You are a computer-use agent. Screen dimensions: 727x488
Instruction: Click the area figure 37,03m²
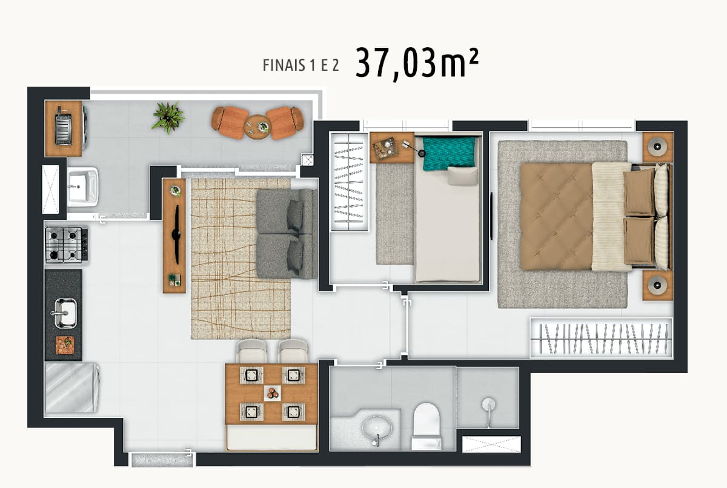417,64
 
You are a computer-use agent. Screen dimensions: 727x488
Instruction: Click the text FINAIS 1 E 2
300,65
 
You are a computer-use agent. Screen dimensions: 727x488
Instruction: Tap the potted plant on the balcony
168,117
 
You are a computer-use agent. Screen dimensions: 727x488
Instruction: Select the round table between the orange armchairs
257,127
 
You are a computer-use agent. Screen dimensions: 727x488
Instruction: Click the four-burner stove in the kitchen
67,245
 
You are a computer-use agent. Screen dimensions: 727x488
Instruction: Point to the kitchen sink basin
65,313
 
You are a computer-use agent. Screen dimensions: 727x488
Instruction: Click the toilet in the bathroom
426,426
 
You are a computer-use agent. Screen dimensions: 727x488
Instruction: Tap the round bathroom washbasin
377,428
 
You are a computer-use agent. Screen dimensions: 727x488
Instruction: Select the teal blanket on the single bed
449,153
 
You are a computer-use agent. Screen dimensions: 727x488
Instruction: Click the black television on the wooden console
177,234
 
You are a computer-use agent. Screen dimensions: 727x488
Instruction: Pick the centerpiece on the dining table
272,394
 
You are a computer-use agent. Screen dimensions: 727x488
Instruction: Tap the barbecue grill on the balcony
63,126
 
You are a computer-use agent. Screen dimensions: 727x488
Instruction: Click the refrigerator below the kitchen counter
71,387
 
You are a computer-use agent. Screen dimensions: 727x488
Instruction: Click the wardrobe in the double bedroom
601,338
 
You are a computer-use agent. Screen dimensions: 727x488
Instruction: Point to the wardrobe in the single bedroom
349,182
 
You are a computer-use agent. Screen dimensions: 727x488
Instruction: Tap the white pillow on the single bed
462,176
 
